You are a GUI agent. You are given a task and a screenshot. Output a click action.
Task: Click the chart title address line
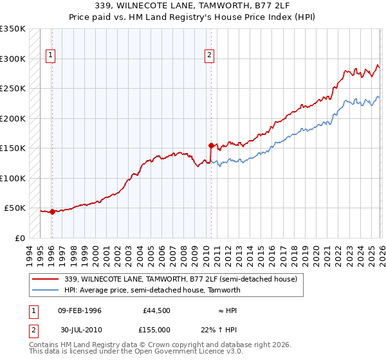[192, 6]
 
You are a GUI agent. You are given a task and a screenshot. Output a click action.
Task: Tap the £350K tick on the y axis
[13, 29]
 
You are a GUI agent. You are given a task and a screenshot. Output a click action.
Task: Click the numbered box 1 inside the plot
[51, 56]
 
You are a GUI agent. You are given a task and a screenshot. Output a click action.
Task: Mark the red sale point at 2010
[211, 145]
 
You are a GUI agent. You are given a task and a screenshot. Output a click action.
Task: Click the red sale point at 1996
[52, 212]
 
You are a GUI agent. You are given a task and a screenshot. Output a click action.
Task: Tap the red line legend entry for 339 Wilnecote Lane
[181, 279]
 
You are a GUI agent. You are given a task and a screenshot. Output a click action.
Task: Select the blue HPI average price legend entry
[152, 291]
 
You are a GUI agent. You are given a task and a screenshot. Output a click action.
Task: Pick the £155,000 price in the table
[157, 328]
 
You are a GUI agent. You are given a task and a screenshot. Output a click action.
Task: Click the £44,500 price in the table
[157, 310]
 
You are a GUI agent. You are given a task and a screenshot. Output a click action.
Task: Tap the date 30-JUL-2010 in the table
[79, 328]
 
